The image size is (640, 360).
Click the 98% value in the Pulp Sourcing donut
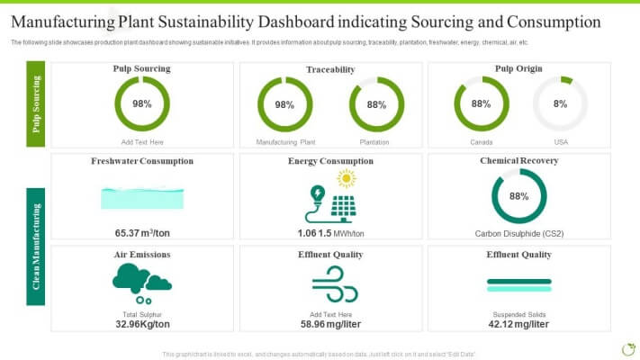[142, 104]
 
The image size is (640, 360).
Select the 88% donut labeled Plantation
[376, 104]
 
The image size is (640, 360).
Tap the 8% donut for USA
[560, 104]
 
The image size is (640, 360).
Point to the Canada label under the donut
[482, 142]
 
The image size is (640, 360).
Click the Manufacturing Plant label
[285, 142]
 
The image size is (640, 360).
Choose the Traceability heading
[330, 69]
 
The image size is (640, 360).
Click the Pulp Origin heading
[518, 68]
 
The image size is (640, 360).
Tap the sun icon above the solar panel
[346, 178]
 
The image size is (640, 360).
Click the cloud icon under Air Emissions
[140, 279]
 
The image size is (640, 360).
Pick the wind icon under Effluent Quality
[329, 284]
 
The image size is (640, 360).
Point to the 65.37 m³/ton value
[142, 233]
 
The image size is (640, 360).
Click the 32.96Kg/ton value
[142, 324]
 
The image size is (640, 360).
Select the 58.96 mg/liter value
[330, 324]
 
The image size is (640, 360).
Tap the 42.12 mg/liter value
[518, 324]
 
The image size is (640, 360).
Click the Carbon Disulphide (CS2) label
[518, 233]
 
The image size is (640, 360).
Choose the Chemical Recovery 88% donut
[518, 196]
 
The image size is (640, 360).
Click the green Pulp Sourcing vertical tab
[36, 104]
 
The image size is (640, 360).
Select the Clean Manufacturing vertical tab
[36, 246]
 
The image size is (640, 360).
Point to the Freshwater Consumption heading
[142, 161]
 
